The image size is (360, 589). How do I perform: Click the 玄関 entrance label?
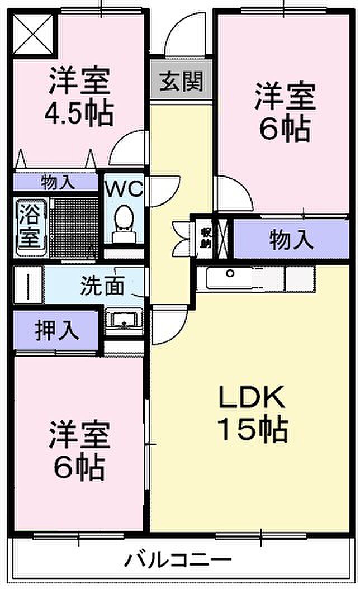point(182,82)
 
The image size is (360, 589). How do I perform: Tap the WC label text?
point(125,188)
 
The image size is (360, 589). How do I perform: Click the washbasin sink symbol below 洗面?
point(124,321)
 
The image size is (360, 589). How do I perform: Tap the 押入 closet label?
point(56,330)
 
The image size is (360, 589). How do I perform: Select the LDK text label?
point(253,398)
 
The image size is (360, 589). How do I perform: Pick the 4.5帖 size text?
point(79,113)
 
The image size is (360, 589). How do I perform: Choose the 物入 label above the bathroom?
point(56,183)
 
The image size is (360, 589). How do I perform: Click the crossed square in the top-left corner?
point(32,33)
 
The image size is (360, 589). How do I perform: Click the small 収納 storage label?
point(206,237)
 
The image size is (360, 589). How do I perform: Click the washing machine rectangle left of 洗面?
point(28,285)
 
